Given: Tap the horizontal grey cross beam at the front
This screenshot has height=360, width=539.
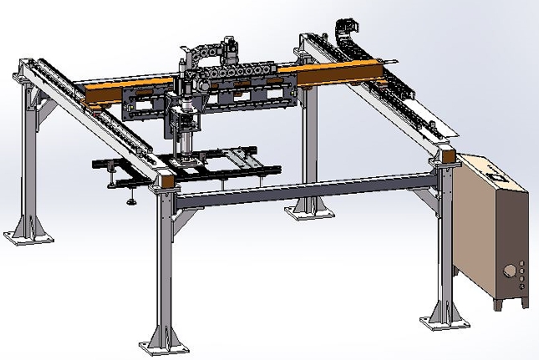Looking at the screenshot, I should coord(301,190).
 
